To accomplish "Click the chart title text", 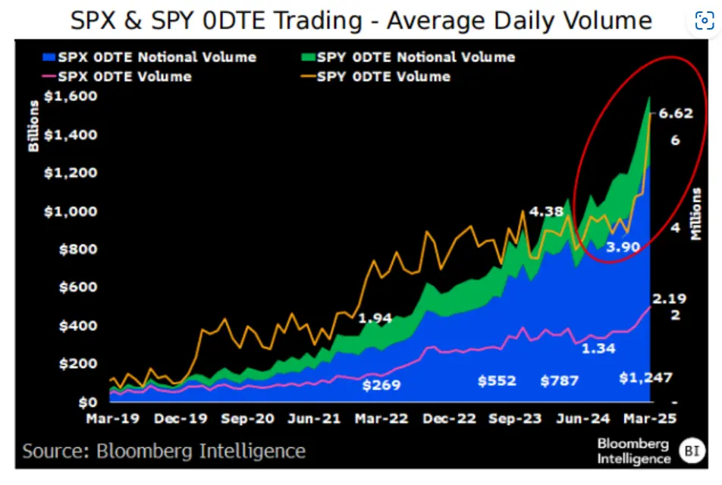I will point(361,20).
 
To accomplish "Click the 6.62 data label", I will point(676,114).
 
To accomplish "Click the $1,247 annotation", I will point(645,378).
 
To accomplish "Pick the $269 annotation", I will point(381,384).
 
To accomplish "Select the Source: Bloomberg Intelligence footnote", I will point(164,451).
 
